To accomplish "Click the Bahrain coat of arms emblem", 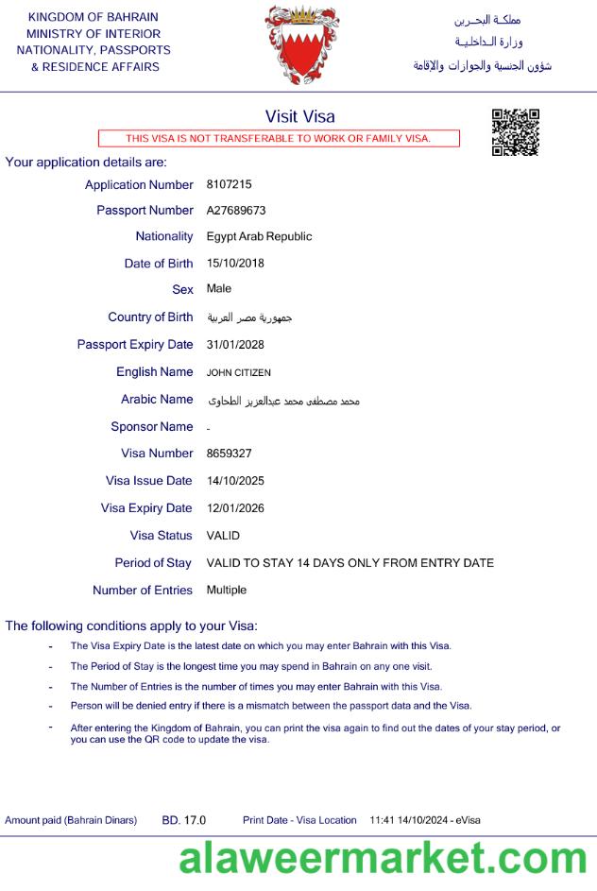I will (301, 45).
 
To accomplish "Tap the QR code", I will (516, 132).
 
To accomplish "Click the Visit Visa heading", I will (299, 116).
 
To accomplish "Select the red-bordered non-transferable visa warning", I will (279, 139).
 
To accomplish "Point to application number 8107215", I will (229, 184).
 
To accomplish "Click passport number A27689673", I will (236, 210).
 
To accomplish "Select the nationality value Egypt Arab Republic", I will (259, 236).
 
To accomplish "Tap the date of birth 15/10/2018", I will (235, 263).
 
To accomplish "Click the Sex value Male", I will (219, 288).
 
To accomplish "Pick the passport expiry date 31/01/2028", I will (235, 344).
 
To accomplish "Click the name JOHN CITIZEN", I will (238, 372).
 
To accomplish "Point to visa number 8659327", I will (229, 454).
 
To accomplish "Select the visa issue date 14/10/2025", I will (235, 480).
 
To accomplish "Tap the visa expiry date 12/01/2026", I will (235, 507).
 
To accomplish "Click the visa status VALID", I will (223, 535).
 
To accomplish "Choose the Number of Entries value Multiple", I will (227, 590).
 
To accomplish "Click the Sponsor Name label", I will (152, 426).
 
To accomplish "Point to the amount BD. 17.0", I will (184, 820).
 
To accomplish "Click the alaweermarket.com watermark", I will (384, 859).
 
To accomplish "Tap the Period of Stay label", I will (153, 562).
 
